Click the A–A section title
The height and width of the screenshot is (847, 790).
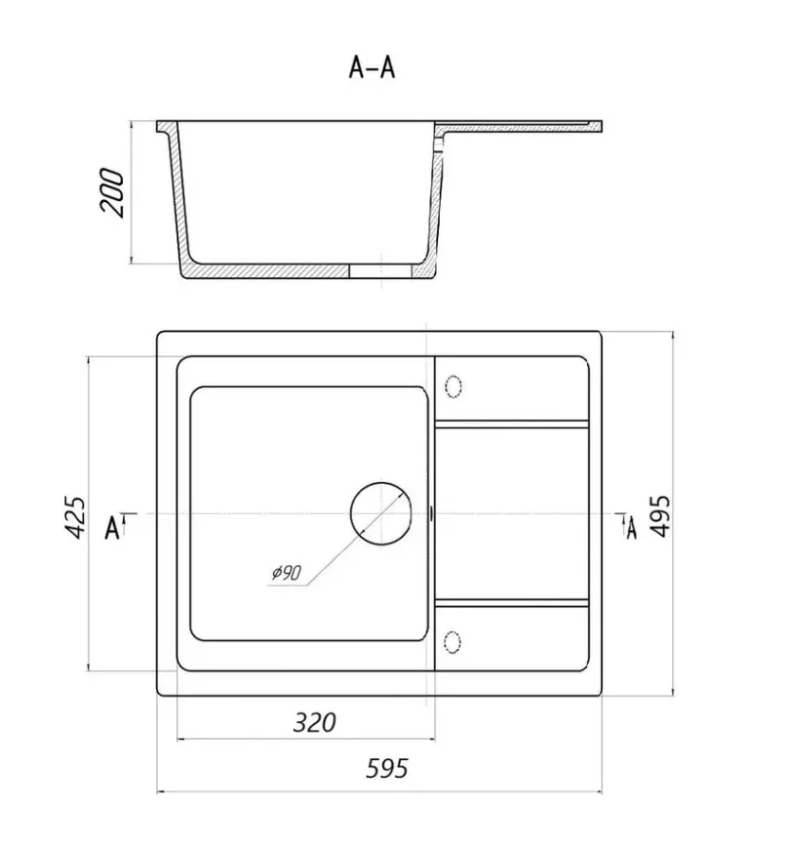(x=372, y=68)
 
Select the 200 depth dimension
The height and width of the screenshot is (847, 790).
(x=112, y=193)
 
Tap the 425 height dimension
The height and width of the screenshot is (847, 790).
(x=75, y=517)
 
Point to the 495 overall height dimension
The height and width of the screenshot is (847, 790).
(x=659, y=516)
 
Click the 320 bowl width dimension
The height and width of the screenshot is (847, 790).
(x=314, y=722)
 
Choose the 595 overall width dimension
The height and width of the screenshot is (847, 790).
(x=386, y=768)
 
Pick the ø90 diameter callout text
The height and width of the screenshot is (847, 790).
(x=286, y=572)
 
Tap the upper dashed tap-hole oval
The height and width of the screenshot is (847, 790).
(x=453, y=386)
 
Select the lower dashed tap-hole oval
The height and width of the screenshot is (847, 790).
(x=452, y=641)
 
